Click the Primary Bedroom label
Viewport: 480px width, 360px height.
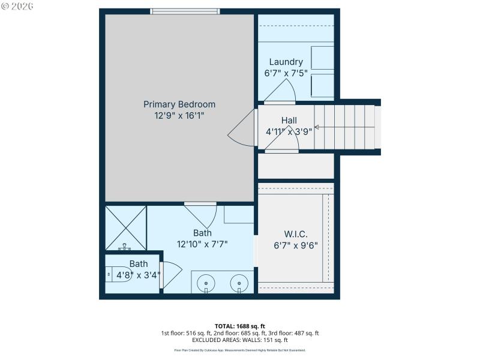179,104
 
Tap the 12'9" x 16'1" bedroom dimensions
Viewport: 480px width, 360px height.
179,115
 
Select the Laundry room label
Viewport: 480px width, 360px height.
286,62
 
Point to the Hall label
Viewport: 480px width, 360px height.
289,121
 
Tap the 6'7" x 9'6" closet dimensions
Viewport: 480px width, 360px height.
295,245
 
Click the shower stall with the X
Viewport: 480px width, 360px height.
125,228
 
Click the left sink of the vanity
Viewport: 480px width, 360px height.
206,281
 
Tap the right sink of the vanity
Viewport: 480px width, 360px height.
239,281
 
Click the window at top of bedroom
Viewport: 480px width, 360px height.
185,11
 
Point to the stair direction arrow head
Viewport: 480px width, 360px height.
316,127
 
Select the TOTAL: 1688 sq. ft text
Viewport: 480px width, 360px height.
240,326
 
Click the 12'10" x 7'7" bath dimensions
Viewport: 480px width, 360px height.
202,244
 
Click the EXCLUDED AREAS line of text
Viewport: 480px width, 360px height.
240,340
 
